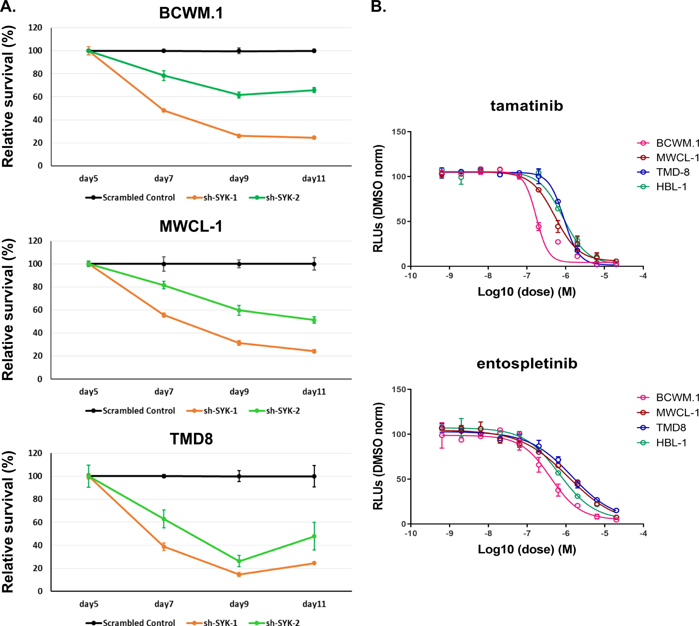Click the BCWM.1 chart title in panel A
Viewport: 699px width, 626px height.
click(x=191, y=13)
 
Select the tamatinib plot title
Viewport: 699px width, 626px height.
click(x=526, y=106)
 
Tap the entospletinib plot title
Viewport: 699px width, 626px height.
click(x=527, y=363)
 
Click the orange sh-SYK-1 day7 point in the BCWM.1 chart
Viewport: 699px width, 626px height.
click(x=164, y=110)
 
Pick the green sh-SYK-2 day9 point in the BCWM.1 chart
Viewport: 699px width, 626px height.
click(x=239, y=95)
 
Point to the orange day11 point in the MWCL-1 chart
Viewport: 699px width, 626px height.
click(x=314, y=351)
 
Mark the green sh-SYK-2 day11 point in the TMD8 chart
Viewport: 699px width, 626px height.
click(x=314, y=537)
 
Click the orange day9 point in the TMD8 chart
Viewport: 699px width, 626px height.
click(x=239, y=574)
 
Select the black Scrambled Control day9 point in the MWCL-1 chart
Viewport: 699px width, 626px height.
click(x=239, y=264)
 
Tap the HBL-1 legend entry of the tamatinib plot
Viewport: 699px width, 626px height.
click(x=671, y=187)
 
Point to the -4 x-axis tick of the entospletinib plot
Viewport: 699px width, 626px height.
click(x=643, y=534)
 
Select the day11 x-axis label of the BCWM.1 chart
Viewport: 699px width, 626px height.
click(x=314, y=179)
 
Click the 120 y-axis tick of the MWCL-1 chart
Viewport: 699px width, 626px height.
click(x=35, y=241)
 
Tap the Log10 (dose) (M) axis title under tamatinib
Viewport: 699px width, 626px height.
click(x=526, y=292)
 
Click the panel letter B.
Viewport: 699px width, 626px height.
click(x=378, y=7)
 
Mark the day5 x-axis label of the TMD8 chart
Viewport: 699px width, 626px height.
click(x=89, y=604)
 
